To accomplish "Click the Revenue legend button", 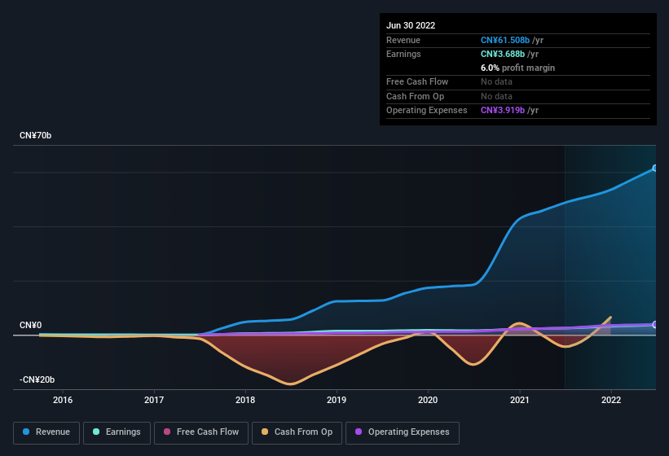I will click(x=47, y=432).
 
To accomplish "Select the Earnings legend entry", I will click(x=117, y=432).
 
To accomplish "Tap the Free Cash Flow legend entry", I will click(x=200, y=432).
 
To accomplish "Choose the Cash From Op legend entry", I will click(x=297, y=432).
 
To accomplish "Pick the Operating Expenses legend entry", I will click(x=403, y=432).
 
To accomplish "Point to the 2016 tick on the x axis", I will click(x=63, y=400).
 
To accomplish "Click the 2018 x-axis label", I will click(x=245, y=400).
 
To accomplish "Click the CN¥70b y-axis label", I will click(x=36, y=136).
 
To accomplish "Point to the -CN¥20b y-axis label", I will click(x=37, y=380).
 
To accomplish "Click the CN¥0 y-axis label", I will click(x=30, y=325).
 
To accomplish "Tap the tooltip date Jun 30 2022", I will click(x=411, y=25).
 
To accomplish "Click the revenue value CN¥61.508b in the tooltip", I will click(x=505, y=40).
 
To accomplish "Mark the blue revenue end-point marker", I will click(x=655, y=169).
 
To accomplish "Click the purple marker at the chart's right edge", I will click(x=655, y=325).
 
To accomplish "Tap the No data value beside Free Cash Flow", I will click(x=498, y=81).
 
